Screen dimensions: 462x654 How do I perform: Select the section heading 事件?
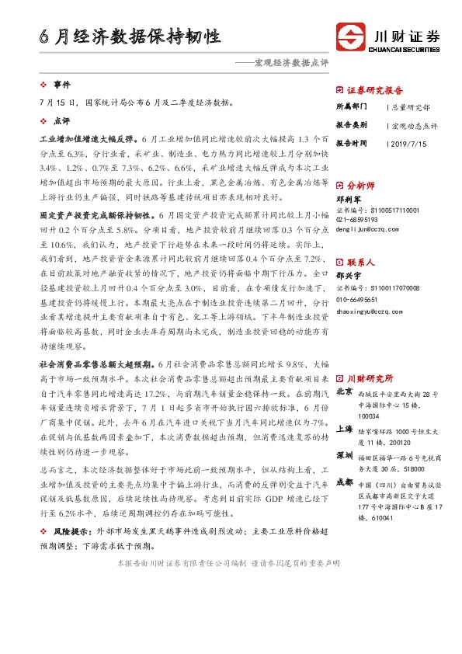point(61,83)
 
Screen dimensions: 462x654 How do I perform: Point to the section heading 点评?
point(61,122)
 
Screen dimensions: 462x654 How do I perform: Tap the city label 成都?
point(345,482)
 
